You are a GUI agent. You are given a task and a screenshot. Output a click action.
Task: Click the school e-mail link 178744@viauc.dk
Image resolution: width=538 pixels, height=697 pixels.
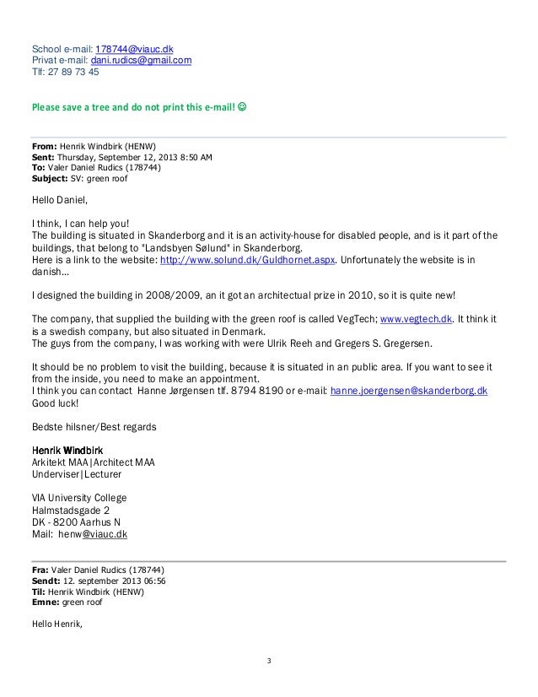pyautogui.click(x=135, y=47)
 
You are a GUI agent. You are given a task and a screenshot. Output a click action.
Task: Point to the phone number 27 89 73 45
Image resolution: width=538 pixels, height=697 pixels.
pyautogui.click(x=74, y=72)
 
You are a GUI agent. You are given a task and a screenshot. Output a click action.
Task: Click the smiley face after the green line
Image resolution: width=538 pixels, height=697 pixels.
pyautogui.click(x=241, y=109)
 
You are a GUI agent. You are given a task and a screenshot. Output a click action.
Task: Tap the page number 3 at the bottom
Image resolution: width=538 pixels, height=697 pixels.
pyautogui.click(x=268, y=660)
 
